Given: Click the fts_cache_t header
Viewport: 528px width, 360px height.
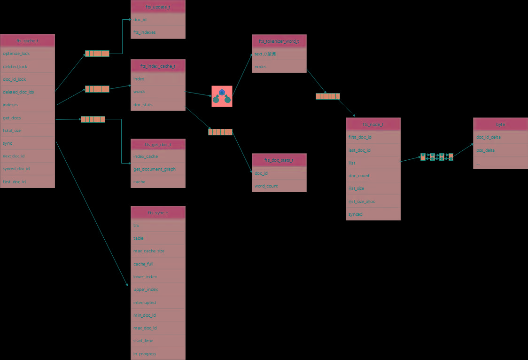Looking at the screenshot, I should coord(27,41).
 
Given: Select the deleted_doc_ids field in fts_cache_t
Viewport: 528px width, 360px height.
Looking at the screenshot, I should coord(27,92).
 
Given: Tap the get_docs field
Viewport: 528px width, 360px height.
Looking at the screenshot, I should coord(27,117).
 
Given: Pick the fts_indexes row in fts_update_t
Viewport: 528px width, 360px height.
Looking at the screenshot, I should coord(158,32).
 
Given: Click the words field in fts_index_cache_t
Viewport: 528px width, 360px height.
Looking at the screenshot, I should coord(158,92).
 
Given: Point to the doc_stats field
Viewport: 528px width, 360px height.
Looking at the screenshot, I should coord(158,104).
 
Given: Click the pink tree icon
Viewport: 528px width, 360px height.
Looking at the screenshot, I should coord(222,96).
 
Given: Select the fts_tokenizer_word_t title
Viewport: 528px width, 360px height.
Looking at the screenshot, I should coord(279,41).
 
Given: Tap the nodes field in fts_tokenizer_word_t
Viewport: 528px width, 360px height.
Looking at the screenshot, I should coord(279,67).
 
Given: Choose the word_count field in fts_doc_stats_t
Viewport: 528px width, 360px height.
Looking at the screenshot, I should coord(279,186).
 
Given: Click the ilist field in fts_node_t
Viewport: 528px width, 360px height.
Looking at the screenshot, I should coord(373,163).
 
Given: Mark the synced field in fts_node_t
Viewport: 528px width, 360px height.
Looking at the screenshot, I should coord(373,214).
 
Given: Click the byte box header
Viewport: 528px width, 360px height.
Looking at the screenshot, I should coord(500,125).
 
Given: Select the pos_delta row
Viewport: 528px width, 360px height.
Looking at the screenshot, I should coord(500,150).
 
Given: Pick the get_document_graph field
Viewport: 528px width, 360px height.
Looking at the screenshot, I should coord(158,169).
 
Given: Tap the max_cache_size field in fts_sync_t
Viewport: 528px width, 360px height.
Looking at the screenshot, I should coord(158,251).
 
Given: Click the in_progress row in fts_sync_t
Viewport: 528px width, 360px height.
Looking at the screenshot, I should coord(158,353).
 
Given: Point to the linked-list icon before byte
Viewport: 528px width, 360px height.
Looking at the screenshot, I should coord(437,157).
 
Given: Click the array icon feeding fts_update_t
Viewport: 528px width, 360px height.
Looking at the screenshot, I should coord(97,54).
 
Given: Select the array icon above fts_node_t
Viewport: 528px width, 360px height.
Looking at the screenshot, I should coord(328,96).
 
